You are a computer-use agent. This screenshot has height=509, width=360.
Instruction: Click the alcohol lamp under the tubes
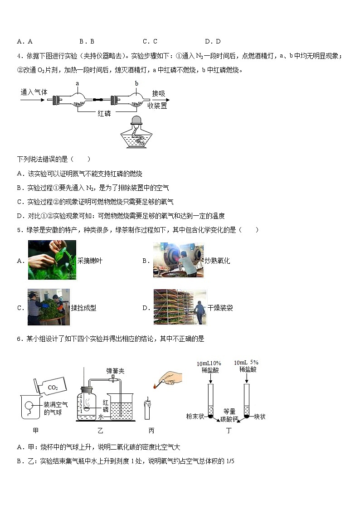coord(138,132)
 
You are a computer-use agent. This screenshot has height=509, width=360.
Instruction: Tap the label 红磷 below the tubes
coord(104,113)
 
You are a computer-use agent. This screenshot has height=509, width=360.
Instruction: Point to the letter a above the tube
coord(78,83)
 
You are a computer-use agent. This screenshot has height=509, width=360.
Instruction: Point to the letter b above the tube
coord(136,83)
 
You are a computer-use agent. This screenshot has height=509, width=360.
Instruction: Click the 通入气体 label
coord(34,92)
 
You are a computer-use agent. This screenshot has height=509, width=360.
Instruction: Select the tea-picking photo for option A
coord(52,260)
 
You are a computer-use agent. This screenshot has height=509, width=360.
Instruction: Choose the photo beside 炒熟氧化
coord(178,260)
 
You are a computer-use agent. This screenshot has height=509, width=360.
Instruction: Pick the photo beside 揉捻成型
coord(49,308)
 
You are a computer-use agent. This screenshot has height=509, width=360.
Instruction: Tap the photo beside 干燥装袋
coord(180,308)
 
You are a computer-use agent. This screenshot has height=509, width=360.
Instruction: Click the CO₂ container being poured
coord(53,386)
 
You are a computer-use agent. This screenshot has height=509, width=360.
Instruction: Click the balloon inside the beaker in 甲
coord(29,405)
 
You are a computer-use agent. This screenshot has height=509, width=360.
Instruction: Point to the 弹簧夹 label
coord(115,371)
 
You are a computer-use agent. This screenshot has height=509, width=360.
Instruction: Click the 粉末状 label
coord(196,416)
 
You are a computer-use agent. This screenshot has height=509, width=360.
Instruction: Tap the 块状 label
coord(260,416)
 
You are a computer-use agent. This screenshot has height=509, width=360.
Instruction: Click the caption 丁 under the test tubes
coord(228,431)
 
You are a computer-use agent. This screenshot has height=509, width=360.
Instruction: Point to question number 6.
coord(19,338)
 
